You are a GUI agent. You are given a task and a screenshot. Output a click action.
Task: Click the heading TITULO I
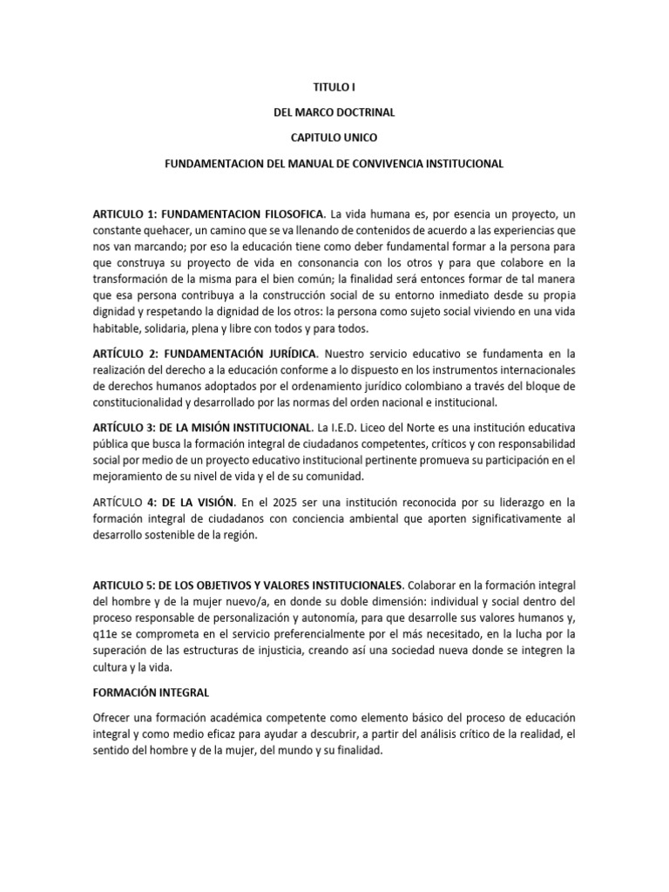(334, 88)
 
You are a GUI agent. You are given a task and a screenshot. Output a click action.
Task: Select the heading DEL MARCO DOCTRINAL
(334, 112)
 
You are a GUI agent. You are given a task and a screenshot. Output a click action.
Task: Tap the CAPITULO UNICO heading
(334, 138)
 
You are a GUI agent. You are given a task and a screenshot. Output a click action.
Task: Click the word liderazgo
(487, 503)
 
